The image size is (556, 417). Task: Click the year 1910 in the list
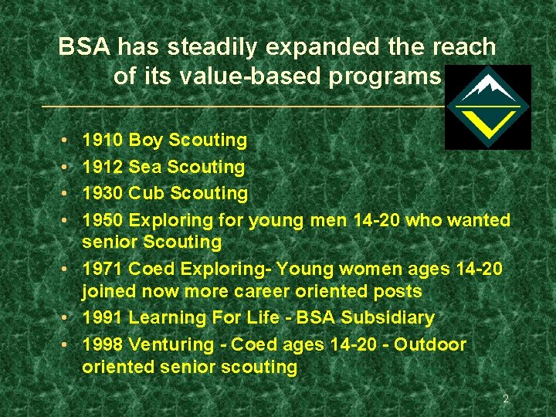pos(102,141)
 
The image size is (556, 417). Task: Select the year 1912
pos(102,167)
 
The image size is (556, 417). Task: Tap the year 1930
pos(102,193)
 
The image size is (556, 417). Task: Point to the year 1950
pos(102,220)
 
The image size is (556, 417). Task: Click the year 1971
pos(102,268)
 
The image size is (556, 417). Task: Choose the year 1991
pos(102,317)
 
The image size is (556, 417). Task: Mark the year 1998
pos(102,344)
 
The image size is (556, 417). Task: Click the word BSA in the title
pos(84,48)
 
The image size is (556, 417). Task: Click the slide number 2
pos(506,399)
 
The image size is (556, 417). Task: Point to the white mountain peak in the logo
pos(486,85)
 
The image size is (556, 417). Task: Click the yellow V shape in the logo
pos(487,122)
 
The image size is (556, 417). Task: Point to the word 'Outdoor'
pos(430,344)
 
